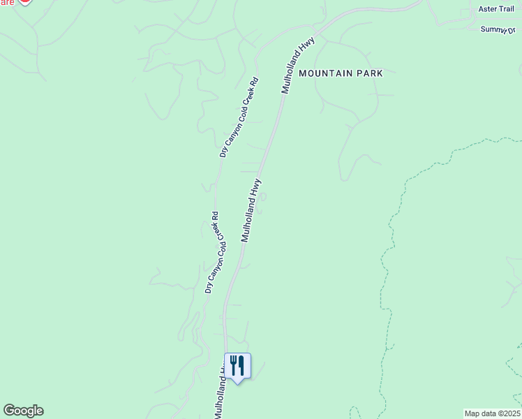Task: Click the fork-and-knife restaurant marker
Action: [237, 366]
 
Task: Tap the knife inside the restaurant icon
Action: [241, 365]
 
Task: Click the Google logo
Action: [23, 411]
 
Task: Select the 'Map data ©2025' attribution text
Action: [492, 413]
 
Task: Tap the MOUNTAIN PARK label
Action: [341, 73]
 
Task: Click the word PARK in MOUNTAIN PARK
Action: [371, 73]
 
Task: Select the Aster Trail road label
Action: [496, 9]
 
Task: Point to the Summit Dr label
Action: [498, 29]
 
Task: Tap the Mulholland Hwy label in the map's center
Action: [251, 210]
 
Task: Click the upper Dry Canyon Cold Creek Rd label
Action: [239, 117]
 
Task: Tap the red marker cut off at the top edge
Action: [24, 2]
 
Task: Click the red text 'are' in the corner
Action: [6, 3]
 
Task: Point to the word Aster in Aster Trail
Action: [487, 9]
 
